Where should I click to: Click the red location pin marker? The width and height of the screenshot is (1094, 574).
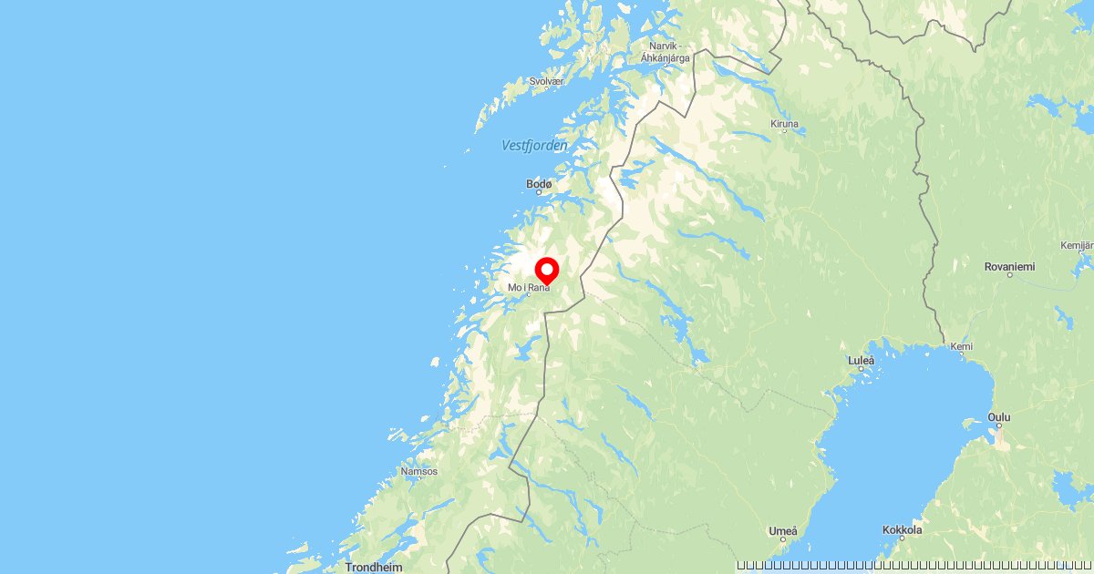[546, 270]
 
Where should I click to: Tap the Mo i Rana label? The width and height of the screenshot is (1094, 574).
[529, 288]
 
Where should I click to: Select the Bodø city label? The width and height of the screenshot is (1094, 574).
[539, 184]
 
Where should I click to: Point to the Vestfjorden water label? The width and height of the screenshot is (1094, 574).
[534, 146]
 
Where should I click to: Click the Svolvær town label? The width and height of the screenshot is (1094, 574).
[547, 81]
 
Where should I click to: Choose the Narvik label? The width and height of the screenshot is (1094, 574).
[665, 46]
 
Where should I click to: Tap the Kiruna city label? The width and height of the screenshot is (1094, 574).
[784, 123]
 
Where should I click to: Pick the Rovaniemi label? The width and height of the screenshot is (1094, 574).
[1009, 266]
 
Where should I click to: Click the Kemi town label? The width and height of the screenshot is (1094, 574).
[961, 346]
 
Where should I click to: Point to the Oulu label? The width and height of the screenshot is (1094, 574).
[999, 417]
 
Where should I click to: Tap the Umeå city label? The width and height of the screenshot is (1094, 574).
[783, 530]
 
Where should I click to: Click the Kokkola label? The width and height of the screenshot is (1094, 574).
[903, 529]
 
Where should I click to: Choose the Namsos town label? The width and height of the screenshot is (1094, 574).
[419, 471]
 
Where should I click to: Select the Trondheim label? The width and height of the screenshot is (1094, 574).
[374, 567]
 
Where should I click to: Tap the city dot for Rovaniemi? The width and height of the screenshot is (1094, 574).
[1009, 275]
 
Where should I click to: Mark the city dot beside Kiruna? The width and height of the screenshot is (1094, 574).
[784, 131]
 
